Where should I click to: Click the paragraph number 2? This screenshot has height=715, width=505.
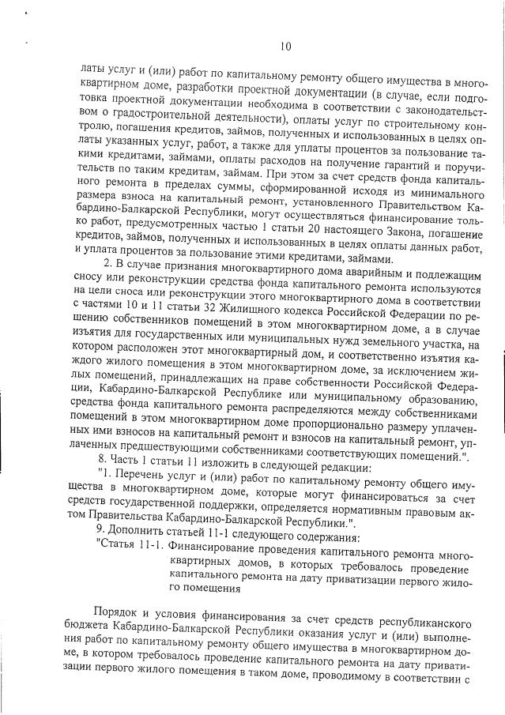coord(108,262)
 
